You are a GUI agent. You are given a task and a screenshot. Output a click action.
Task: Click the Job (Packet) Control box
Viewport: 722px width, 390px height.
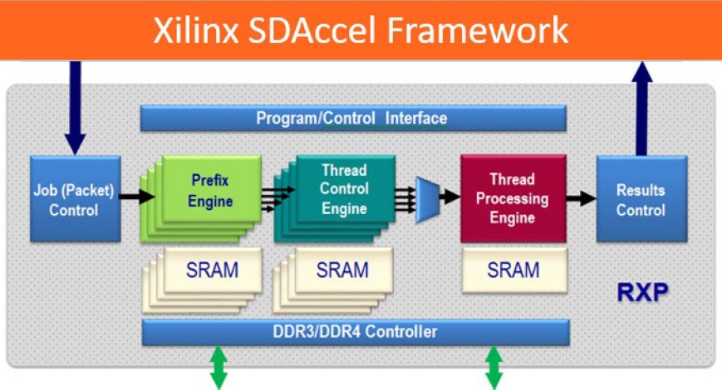75,198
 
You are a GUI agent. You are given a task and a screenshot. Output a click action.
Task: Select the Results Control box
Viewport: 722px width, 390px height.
641,198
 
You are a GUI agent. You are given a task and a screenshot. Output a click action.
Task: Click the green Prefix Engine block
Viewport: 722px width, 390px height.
210,190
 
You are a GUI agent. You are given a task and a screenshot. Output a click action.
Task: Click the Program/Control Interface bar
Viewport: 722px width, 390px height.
352,118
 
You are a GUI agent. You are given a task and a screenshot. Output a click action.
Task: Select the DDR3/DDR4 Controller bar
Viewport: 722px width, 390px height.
356,332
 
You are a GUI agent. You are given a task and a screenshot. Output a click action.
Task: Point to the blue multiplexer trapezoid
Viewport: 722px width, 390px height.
429,197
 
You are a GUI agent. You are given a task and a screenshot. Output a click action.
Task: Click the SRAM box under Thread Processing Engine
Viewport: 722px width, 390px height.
513,271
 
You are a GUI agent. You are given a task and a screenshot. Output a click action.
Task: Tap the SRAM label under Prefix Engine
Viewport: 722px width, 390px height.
211,271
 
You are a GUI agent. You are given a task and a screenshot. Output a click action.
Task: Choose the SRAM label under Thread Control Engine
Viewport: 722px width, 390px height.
342,271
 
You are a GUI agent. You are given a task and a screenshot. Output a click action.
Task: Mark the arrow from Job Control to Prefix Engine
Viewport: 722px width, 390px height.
136,197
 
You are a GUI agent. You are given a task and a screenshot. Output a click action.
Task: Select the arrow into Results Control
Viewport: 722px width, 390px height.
581,197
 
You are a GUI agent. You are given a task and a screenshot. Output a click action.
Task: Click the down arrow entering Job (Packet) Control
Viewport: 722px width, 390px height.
75,108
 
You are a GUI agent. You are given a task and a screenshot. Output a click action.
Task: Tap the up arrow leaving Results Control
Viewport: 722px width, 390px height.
641,108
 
